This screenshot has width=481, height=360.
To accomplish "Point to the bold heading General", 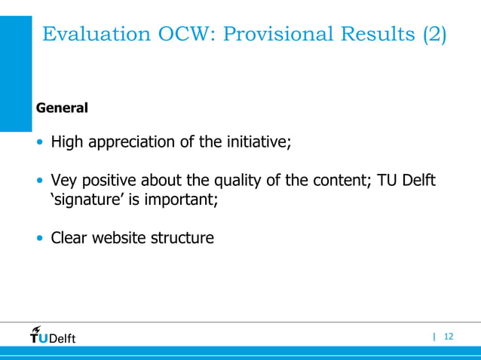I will click(62, 108).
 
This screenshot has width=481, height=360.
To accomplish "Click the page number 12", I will click(449, 337).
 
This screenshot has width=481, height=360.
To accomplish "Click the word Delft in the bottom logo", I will click(63, 338).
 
